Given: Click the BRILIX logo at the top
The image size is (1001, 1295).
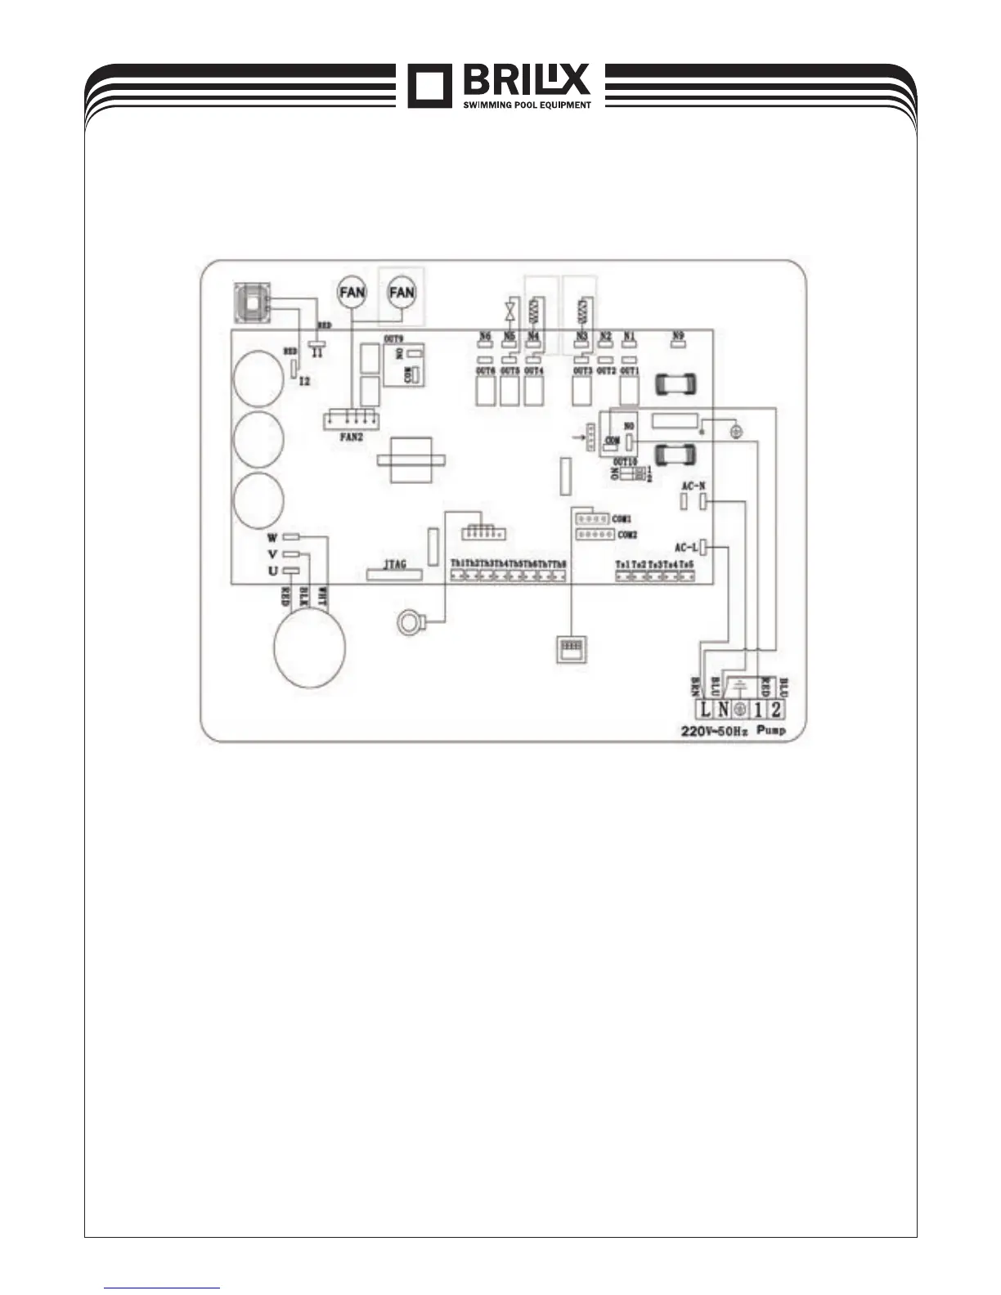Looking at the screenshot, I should pos(499,85).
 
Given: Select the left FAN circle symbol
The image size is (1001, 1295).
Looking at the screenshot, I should pos(352,292).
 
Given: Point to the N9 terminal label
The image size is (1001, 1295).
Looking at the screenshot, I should pos(677,335).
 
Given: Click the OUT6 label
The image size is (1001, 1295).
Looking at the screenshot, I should pos(486,371).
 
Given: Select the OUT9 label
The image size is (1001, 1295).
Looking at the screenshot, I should pos(394,338).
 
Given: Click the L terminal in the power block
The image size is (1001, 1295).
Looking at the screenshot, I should pos(705,710).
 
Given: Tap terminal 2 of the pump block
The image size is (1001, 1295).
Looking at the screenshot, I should pos(775,710).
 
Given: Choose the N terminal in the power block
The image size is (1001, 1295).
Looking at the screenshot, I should pos(723,710).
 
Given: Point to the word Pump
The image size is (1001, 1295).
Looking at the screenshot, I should pos(771,730).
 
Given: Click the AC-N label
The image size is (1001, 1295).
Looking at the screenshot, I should pos(694,486).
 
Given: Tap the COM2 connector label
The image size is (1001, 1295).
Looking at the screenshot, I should pos(627,535).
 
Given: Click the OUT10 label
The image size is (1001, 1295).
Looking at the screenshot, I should pos(628,461).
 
